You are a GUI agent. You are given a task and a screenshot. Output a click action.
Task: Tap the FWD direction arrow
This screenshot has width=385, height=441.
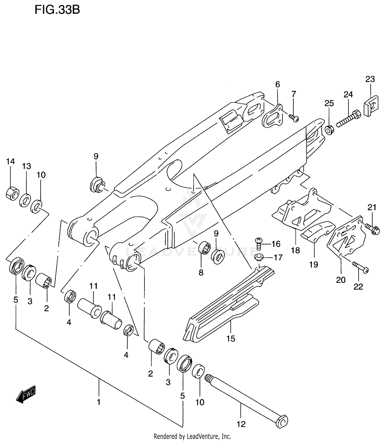point(26,394)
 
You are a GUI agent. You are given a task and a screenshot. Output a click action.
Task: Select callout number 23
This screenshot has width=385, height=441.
point(370,79)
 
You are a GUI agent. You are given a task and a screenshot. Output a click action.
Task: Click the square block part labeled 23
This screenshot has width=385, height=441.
point(371,105)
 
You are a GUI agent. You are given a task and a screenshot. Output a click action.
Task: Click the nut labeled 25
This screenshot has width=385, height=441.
point(329,130)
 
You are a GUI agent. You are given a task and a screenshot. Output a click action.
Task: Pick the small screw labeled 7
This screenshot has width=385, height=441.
point(294,118)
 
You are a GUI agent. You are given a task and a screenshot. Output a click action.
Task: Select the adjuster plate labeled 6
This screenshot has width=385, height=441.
point(272,116)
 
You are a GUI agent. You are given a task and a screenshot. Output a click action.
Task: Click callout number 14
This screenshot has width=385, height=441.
point(11,161)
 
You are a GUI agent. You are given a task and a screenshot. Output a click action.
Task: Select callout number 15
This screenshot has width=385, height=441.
point(230,339)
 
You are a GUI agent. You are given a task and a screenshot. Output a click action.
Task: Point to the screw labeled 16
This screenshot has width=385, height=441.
point(258,244)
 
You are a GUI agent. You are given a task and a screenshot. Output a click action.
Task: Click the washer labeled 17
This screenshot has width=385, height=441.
point(259,257)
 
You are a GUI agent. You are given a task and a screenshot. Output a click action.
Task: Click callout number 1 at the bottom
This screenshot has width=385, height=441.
point(99,402)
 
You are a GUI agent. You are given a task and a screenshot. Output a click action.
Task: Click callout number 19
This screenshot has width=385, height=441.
point(314,264)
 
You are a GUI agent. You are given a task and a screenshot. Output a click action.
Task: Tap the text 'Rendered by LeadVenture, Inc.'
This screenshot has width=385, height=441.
point(192,436)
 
